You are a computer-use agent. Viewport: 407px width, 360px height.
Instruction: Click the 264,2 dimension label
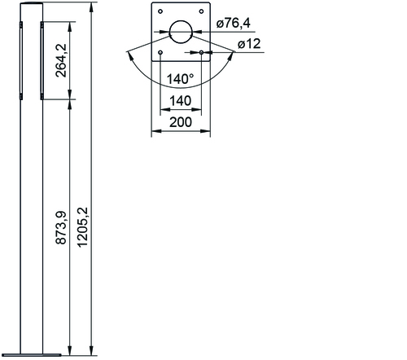[61, 60]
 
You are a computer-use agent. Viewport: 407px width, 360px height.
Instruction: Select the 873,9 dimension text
[61, 227]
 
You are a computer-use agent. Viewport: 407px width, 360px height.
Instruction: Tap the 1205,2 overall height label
[82, 227]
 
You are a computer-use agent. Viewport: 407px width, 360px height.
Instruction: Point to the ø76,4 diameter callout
[233, 23]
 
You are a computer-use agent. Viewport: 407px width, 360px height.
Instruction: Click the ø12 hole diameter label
[249, 44]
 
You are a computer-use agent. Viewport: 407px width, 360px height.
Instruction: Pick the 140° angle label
[180, 79]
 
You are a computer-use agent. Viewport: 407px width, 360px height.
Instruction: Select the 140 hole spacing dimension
[181, 101]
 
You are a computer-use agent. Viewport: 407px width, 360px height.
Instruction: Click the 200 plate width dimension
[181, 122]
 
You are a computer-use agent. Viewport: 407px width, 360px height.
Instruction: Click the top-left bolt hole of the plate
[160, 11]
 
